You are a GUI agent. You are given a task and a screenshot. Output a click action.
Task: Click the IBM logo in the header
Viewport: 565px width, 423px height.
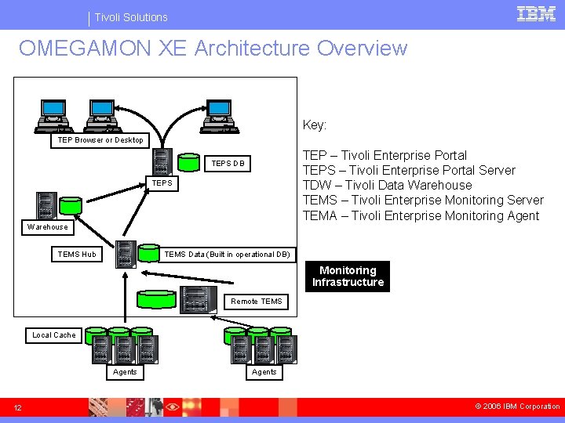tap(537, 14)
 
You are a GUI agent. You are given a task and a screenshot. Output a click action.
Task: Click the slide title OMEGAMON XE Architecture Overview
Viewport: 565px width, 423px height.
tap(213, 49)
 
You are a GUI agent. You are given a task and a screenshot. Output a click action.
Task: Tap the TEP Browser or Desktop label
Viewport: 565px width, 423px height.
tap(100, 140)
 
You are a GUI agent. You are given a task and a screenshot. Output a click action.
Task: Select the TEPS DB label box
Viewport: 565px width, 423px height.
tap(228, 164)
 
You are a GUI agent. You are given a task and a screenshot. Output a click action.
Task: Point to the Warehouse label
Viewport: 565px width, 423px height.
tap(48, 227)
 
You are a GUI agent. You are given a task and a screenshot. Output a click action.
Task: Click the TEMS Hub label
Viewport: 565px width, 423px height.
tap(77, 254)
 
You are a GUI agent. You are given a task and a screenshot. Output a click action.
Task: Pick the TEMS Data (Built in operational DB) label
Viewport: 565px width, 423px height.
tap(227, 254)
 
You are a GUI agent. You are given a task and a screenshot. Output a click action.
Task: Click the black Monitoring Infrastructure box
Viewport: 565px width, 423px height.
tap(348, 277)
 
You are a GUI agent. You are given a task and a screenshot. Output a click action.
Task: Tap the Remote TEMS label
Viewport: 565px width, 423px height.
tap(257, 302)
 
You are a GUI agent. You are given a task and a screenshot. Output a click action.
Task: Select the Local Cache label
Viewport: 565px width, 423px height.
tap(54, 335)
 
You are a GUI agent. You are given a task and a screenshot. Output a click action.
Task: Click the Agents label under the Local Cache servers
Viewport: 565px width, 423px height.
tap(125, 372)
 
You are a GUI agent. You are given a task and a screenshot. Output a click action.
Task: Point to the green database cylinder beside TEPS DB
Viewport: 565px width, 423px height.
tap(188, 162)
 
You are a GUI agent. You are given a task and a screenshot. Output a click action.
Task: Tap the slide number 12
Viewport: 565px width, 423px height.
tap(17, 407)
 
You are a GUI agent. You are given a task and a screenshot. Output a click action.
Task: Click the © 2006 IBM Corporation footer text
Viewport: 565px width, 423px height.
tap(517, 407)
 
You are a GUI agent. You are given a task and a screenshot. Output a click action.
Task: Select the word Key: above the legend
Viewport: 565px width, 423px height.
tap(315, 125)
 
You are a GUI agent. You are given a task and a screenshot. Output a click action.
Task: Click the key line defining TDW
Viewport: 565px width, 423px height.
tap(388, 186)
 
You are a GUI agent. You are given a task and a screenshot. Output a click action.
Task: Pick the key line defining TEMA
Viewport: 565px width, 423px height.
tap(421, 215)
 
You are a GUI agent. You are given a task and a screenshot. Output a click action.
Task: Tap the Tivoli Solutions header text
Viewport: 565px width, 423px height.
tap(131, 16)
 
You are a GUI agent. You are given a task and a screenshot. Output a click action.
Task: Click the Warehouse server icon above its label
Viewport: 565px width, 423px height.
tap(47, 205)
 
